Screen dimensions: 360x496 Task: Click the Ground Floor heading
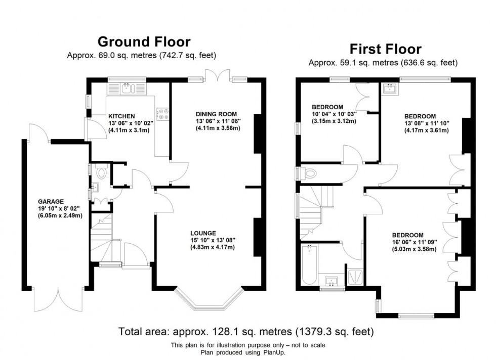(144, 41)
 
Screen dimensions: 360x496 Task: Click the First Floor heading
(385, 49)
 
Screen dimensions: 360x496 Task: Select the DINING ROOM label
(216, 114)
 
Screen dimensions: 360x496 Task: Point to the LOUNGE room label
(204, 233)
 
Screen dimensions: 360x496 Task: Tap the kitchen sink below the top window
(127, 88)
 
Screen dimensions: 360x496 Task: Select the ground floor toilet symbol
(102, 173)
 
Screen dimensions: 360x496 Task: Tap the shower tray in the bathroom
(356, 277)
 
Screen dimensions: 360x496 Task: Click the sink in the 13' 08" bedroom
(391, 89)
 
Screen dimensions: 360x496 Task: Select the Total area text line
(246, 332)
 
